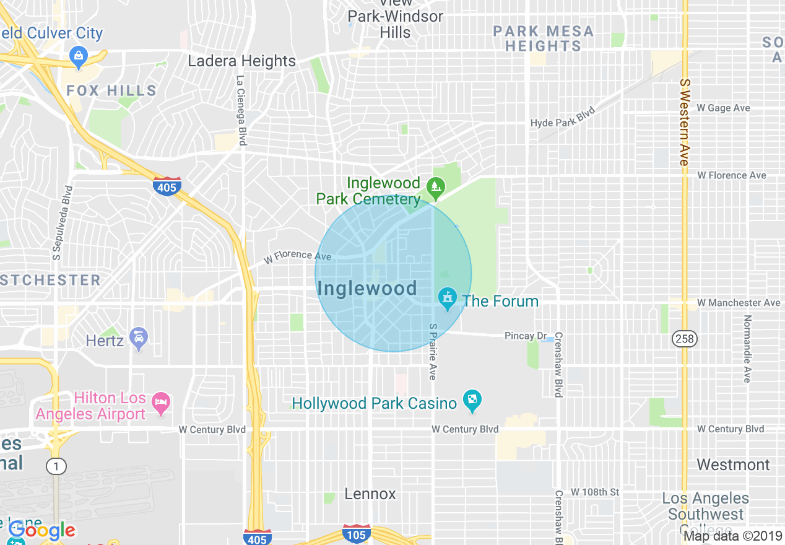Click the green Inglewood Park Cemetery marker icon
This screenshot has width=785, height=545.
(x=436, y=186)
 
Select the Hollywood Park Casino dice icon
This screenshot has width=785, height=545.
(x=472, y=401)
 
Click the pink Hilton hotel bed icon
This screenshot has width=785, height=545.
(x=161, y=404)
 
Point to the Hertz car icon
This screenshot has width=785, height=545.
(x=139, y=338)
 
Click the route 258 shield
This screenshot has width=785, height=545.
(x=684, y=339)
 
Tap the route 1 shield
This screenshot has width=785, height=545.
(x=56, y=466)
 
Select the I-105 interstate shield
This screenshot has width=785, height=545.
(x=357, y=533)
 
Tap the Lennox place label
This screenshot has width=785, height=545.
(x=370, y=494)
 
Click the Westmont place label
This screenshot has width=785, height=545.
(x=733, y=464)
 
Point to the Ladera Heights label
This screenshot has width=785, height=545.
(x=241, y=61)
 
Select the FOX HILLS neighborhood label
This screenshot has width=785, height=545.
(x=111, y=90)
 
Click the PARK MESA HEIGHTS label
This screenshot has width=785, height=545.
(x=544, y=38)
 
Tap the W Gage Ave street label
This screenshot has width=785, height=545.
(x=723, y=108)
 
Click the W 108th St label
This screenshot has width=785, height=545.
(x=594, y=492)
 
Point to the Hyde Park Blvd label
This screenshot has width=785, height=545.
(x=562, y=117)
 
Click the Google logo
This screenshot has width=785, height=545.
(x=41, y=530)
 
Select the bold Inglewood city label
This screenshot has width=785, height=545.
(x=366, y=288)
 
